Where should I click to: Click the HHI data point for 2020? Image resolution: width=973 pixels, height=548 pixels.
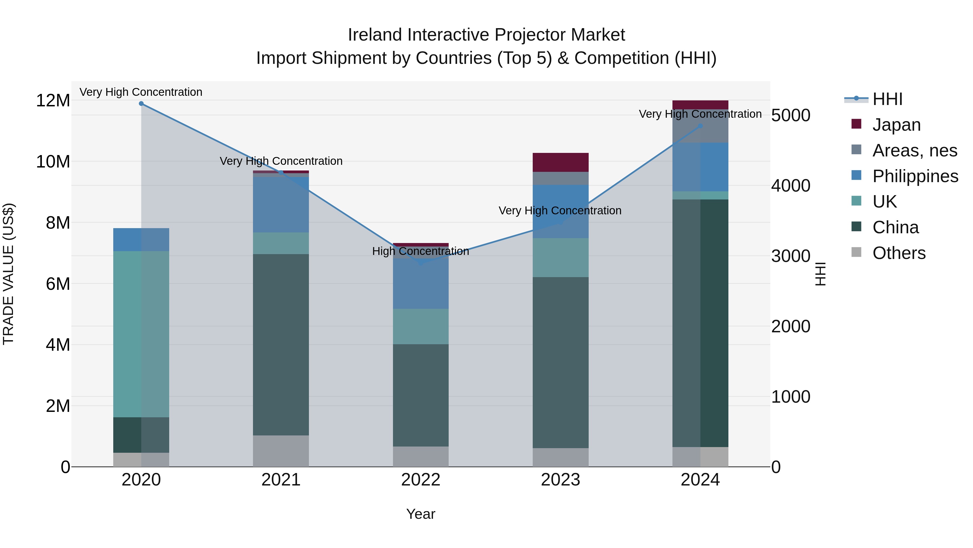click(141, 104)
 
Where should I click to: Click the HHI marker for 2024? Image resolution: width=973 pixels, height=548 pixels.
click(700, 126)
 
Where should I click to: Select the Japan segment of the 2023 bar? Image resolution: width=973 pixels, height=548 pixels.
click(561, 162)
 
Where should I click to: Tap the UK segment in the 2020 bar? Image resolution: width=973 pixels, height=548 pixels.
click(141, 334)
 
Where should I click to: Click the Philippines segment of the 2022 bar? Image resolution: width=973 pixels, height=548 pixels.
click(421, 284)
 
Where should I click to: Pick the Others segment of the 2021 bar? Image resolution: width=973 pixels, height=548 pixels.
click(281, 451)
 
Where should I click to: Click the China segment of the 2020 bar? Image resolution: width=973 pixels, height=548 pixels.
click(141, 435)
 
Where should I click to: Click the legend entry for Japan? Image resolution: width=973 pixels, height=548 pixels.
click(896, 125)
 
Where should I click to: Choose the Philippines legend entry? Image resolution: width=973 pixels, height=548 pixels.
click(915, 176)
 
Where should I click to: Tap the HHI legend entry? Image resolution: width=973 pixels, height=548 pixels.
click(887, 99)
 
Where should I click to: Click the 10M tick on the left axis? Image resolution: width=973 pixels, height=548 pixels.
click(53, 162)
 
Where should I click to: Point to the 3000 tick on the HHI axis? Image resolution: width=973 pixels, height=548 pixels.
click(791, 256)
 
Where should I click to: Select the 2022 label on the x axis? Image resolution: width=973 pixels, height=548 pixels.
click(421, 480)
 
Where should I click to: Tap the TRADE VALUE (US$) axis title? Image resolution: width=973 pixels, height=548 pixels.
click(8, 274)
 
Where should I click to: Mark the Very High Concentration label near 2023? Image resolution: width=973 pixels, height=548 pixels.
click(560, 211)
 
